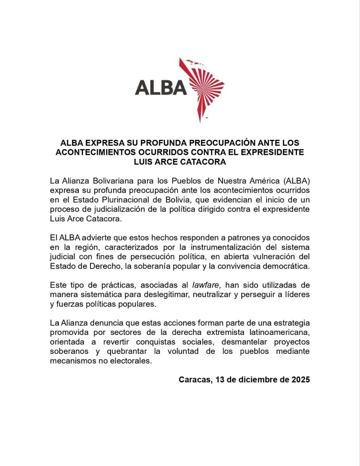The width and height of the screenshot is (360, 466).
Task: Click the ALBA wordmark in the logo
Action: pos(161,87)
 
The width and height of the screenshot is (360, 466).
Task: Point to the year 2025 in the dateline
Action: pos(301,380)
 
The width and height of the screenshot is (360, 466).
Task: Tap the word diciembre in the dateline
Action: pos(258,380)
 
